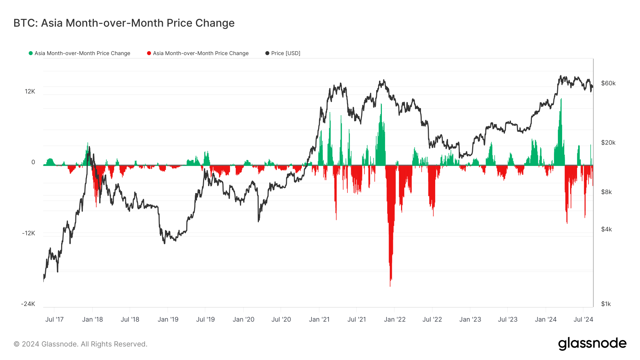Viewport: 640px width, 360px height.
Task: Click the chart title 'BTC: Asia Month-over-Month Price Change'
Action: (x=124, y=23)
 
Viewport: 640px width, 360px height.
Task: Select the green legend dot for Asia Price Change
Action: (x=31, y=53)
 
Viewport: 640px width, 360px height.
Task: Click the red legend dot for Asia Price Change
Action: (x=149, y=53)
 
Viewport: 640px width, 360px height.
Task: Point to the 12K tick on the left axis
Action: (x=30, y=91)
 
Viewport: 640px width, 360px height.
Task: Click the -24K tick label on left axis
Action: (x=28, y=304)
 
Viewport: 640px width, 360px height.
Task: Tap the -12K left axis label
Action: (x=28, y=233)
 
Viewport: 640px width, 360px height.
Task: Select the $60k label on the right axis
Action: (x=608, y=83)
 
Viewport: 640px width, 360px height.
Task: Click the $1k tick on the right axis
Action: (x=606, y=304)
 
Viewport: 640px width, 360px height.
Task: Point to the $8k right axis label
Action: (x=606, y=192)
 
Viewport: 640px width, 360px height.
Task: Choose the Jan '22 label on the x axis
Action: (x=395, y=319)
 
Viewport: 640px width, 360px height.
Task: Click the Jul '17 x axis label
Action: (x=54, y=319)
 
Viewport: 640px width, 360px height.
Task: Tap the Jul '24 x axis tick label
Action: (x=583, y=319)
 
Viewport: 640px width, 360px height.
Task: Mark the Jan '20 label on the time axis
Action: (x=243, y=319)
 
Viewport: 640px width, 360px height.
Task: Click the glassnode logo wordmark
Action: (x=592, y=344)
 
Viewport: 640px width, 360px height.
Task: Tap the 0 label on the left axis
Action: (x=33, y=162)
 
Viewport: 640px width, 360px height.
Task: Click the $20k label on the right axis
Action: (x=608, y=143)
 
